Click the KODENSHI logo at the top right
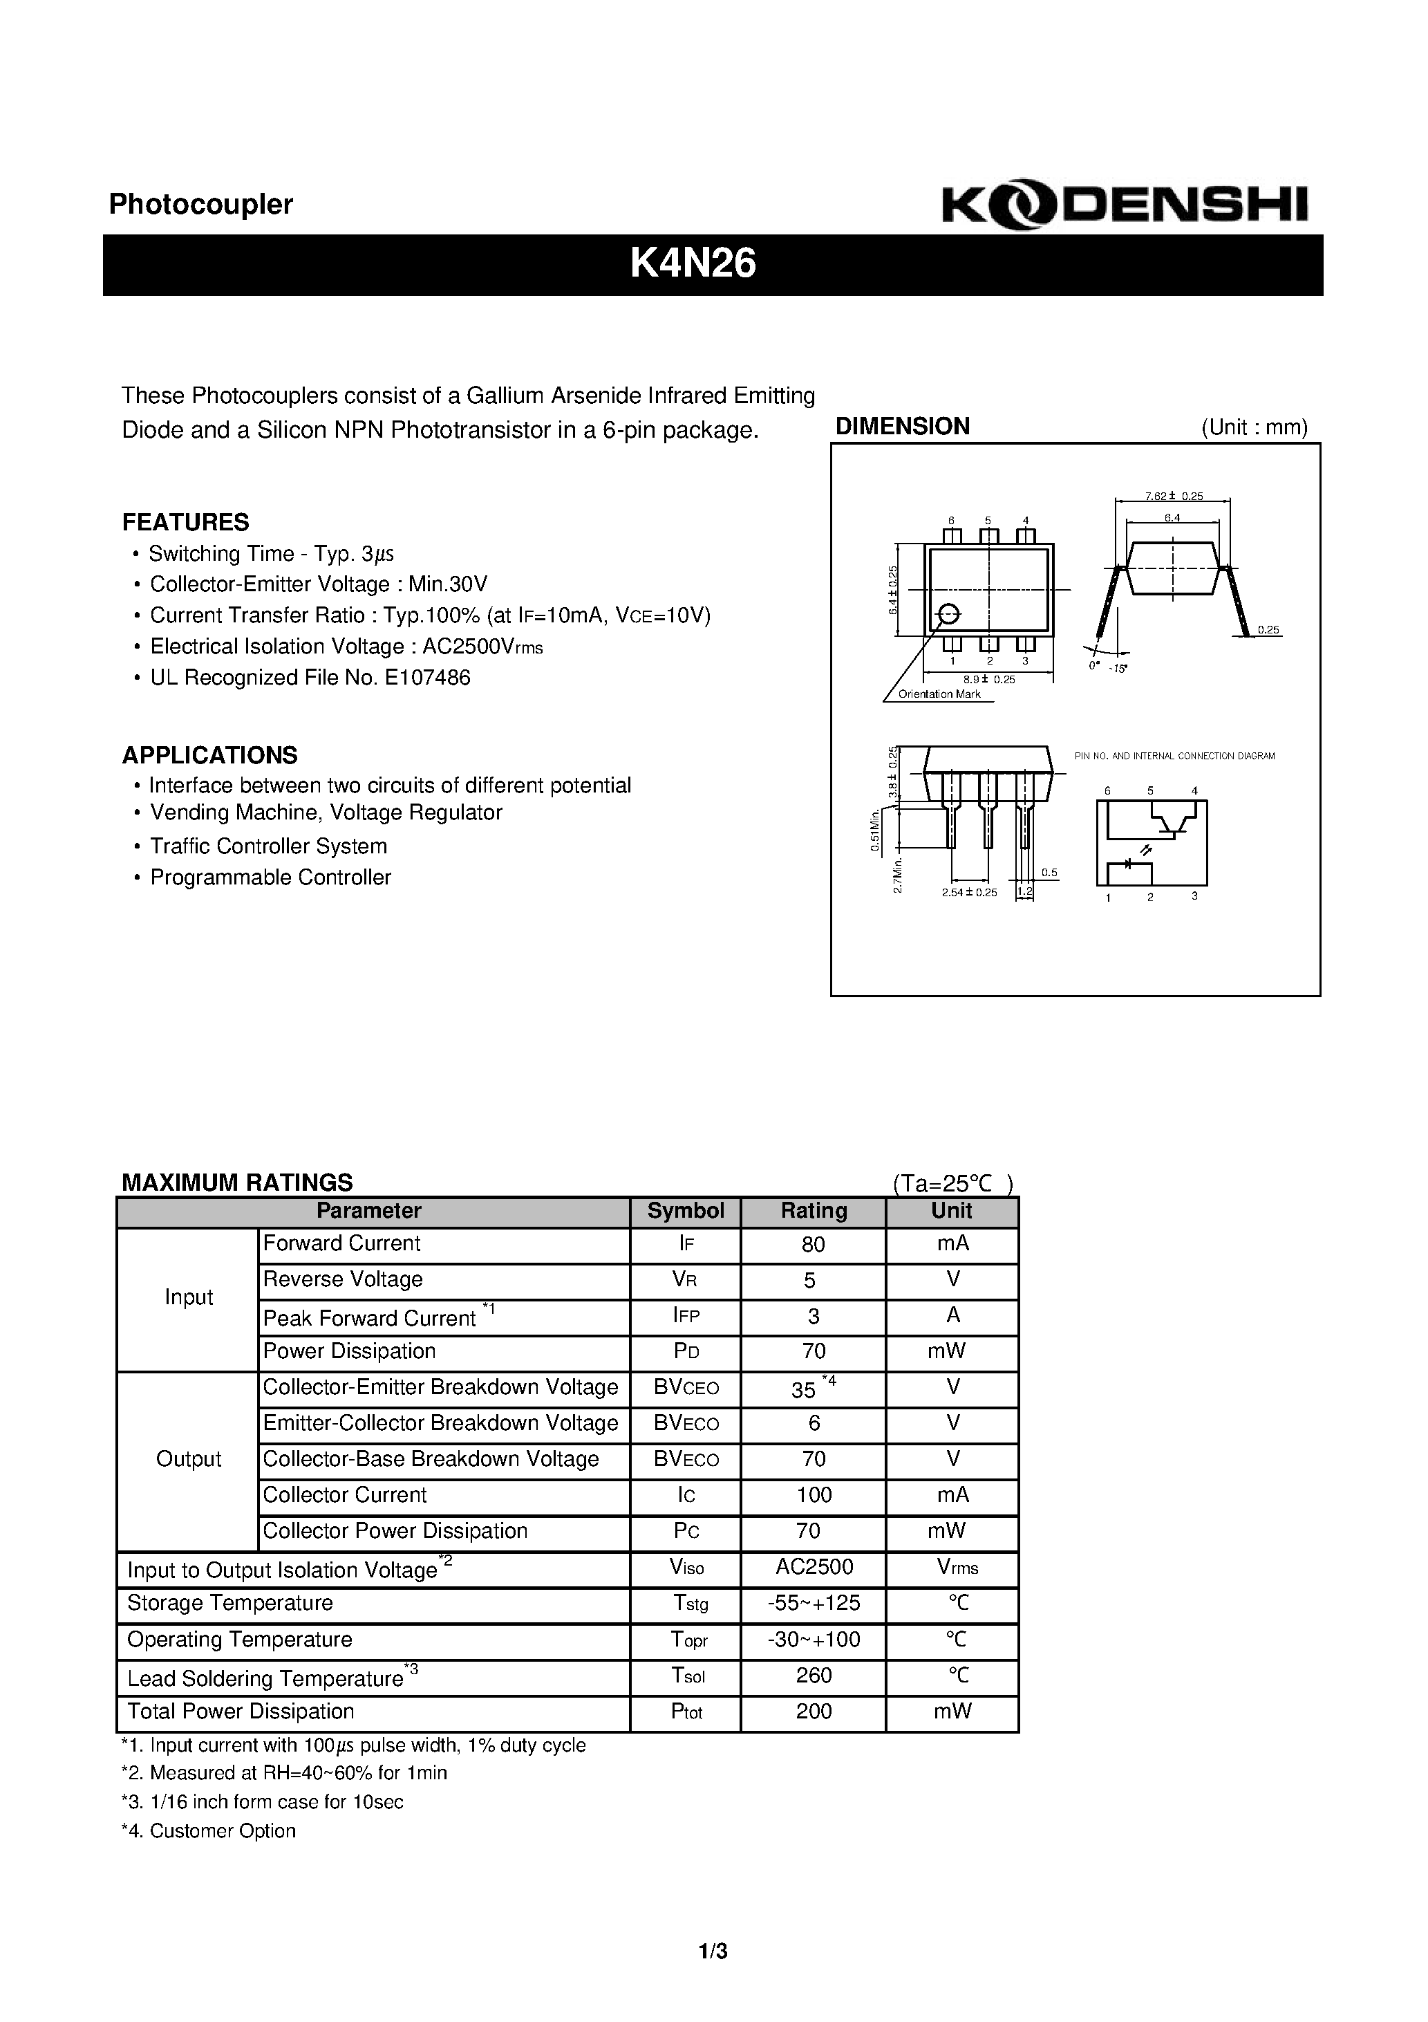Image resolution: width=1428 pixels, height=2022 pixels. coord(1125,206)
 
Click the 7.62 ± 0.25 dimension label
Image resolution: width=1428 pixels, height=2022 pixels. coord(1174,496)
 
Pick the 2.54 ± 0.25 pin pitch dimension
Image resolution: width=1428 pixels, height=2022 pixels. coord(968,892)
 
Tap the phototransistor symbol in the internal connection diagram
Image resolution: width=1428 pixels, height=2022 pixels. coord(1171,822)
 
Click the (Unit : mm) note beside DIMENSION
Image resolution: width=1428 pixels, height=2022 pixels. coord(1254,428)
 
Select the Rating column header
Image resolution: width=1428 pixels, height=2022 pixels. coord(813,1211)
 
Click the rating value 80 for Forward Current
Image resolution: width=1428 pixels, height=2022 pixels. coord(813,1244)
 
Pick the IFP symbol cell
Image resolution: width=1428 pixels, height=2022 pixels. coord(686,1317)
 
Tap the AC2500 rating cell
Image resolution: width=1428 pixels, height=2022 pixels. coord(813,1567)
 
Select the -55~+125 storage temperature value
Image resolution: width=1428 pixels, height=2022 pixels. coord(813,1603)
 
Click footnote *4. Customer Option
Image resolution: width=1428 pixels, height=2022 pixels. coord(208,1831)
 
